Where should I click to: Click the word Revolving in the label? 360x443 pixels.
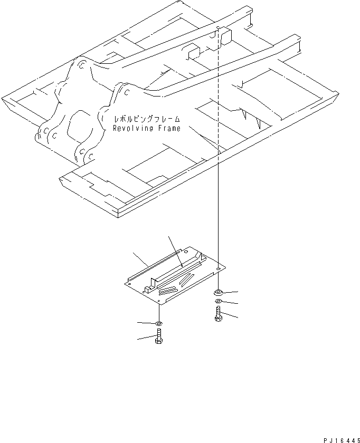(x=132, y=128)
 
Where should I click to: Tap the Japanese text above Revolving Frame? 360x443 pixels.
(x=147, y=120)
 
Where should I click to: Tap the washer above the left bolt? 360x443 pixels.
(x=159, y=323)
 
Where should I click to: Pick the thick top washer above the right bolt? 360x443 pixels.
(x=218, y=292)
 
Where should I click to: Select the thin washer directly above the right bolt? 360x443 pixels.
(x=218, y=302)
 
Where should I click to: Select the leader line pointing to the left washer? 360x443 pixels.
(x=146, y=322)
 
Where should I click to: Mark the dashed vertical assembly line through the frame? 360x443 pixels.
(x=218, y=158)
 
